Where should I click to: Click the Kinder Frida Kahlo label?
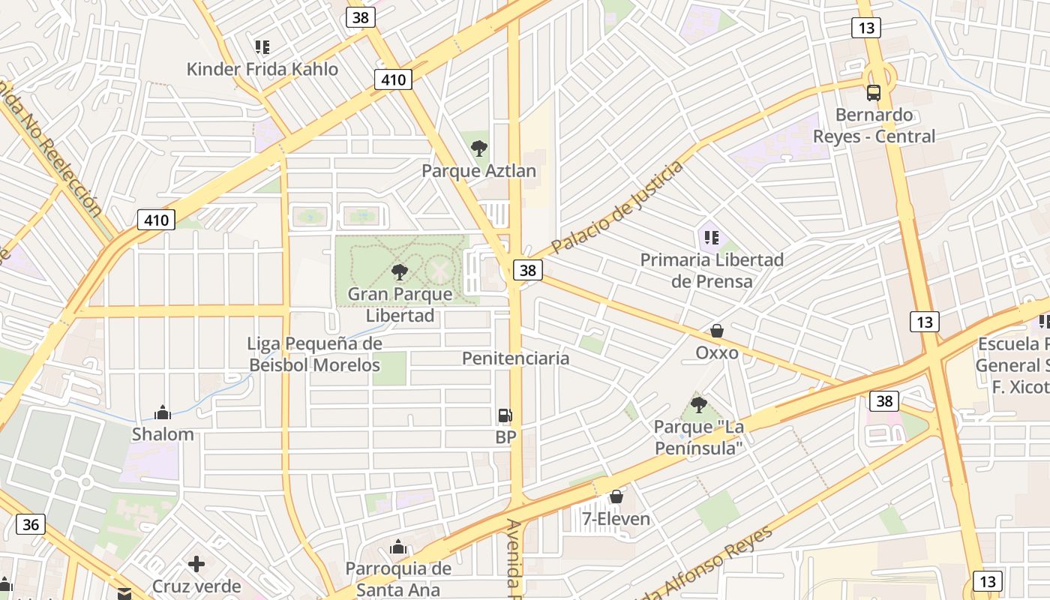(262, 69)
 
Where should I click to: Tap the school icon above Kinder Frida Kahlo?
(262, 48)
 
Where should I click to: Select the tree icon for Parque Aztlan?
(478, 148)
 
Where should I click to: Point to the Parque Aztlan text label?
(478, 171)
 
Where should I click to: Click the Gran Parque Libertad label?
(400, 304)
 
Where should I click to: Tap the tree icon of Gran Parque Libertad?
(400, 272)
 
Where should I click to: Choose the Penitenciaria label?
(515, 358)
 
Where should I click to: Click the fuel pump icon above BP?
(505, 415)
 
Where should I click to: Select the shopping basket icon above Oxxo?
(717, 331)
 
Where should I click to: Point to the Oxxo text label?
(717, 352)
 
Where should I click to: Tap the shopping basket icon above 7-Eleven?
(616, 496)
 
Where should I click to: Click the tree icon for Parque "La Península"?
(698, 406)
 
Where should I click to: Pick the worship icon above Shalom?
(163, 412)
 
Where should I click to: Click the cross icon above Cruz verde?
(196, 564)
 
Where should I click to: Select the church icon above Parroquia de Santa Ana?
(398, 547)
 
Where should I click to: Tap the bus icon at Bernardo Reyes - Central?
(874, 93)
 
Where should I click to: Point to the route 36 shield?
(31, 524)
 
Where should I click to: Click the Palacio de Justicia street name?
(617, 207)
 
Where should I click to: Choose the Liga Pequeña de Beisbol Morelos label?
(315, 355)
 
